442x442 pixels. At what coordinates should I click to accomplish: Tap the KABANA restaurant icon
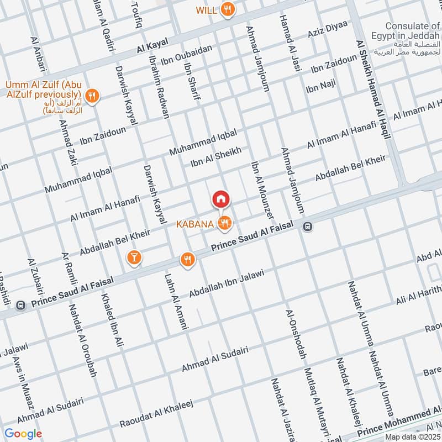pos(224,223)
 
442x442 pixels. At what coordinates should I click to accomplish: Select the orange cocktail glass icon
pos(133,257)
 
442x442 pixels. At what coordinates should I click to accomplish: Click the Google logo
pos(23,434)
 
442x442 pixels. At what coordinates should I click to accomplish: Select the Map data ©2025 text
pos(412,436)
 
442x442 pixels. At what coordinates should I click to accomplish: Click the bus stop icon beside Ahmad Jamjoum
pos(307,226)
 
